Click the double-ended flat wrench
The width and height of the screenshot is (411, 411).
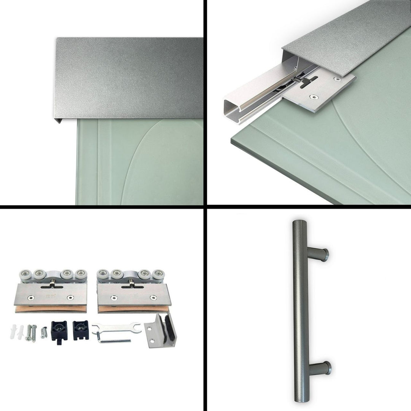coord(116,327)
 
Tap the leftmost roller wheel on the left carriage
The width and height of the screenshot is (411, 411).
coord(25,275)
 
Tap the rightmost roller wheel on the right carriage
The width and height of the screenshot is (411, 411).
coord(158,275)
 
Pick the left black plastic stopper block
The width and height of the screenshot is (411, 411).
coord(59,329)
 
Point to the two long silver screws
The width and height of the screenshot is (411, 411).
coord(30,332)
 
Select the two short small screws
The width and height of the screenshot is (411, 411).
coord(44,332)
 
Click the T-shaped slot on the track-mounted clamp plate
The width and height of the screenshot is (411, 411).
coord(308,81)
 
